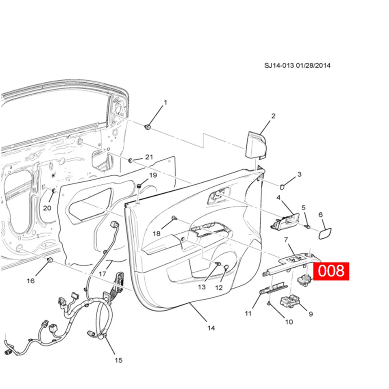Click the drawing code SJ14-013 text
click(x=279, y=65)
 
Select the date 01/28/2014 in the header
click(x=314, y=65)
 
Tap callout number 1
click(x=165, y=103)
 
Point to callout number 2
click(x=273, y=116)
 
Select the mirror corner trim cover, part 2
click(x=255, y=145)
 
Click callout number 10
click(x=289, y=322)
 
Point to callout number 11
click(x=248, y=313)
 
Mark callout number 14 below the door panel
click(x=211, y=328)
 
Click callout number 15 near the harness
click(x=118, y=360)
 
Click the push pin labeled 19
click(x=139, y=186)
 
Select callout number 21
click(x=149, y=157)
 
